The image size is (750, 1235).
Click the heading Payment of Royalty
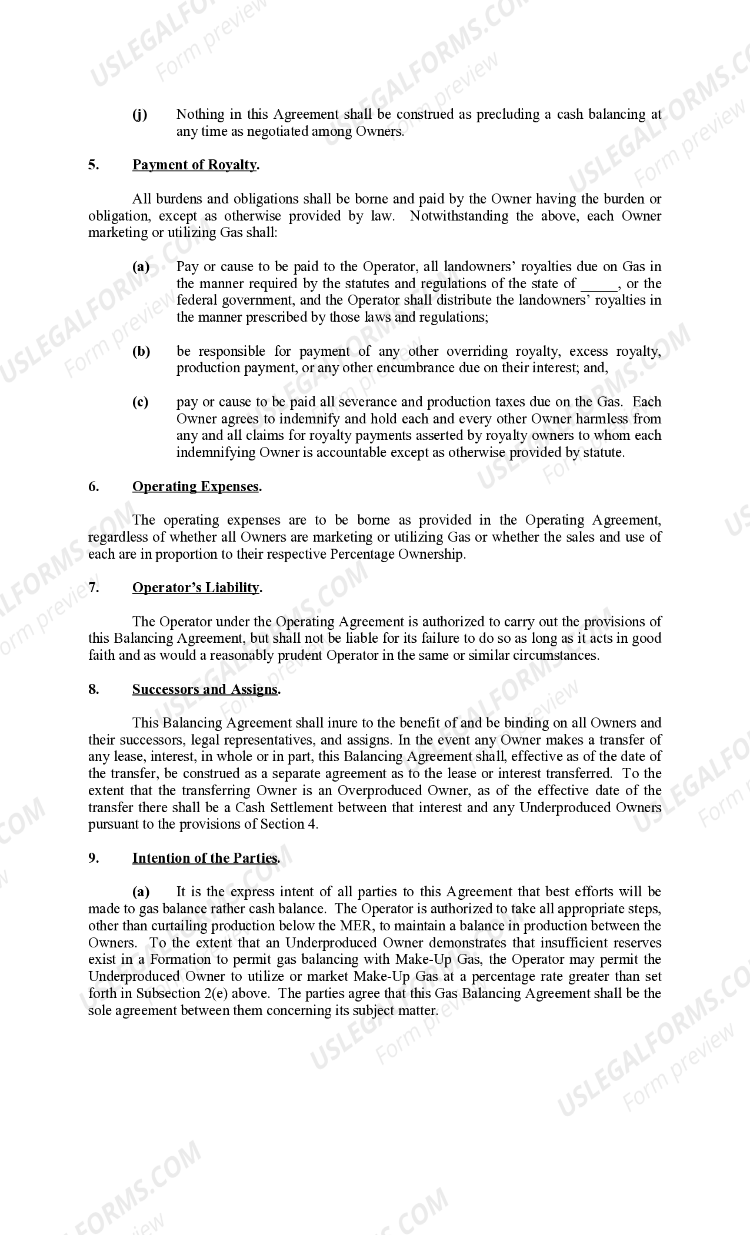[195, 165]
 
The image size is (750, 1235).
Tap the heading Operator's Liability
[196, 588]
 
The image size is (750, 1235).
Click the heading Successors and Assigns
[206, 689]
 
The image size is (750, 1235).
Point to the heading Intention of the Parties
[205, 858]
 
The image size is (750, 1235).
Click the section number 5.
[94, 165]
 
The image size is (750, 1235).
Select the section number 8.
[94, 689]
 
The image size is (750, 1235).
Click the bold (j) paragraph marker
[140, 115]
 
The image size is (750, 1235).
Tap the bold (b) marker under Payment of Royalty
[141, 352]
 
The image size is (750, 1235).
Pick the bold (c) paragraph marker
[141, 402]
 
